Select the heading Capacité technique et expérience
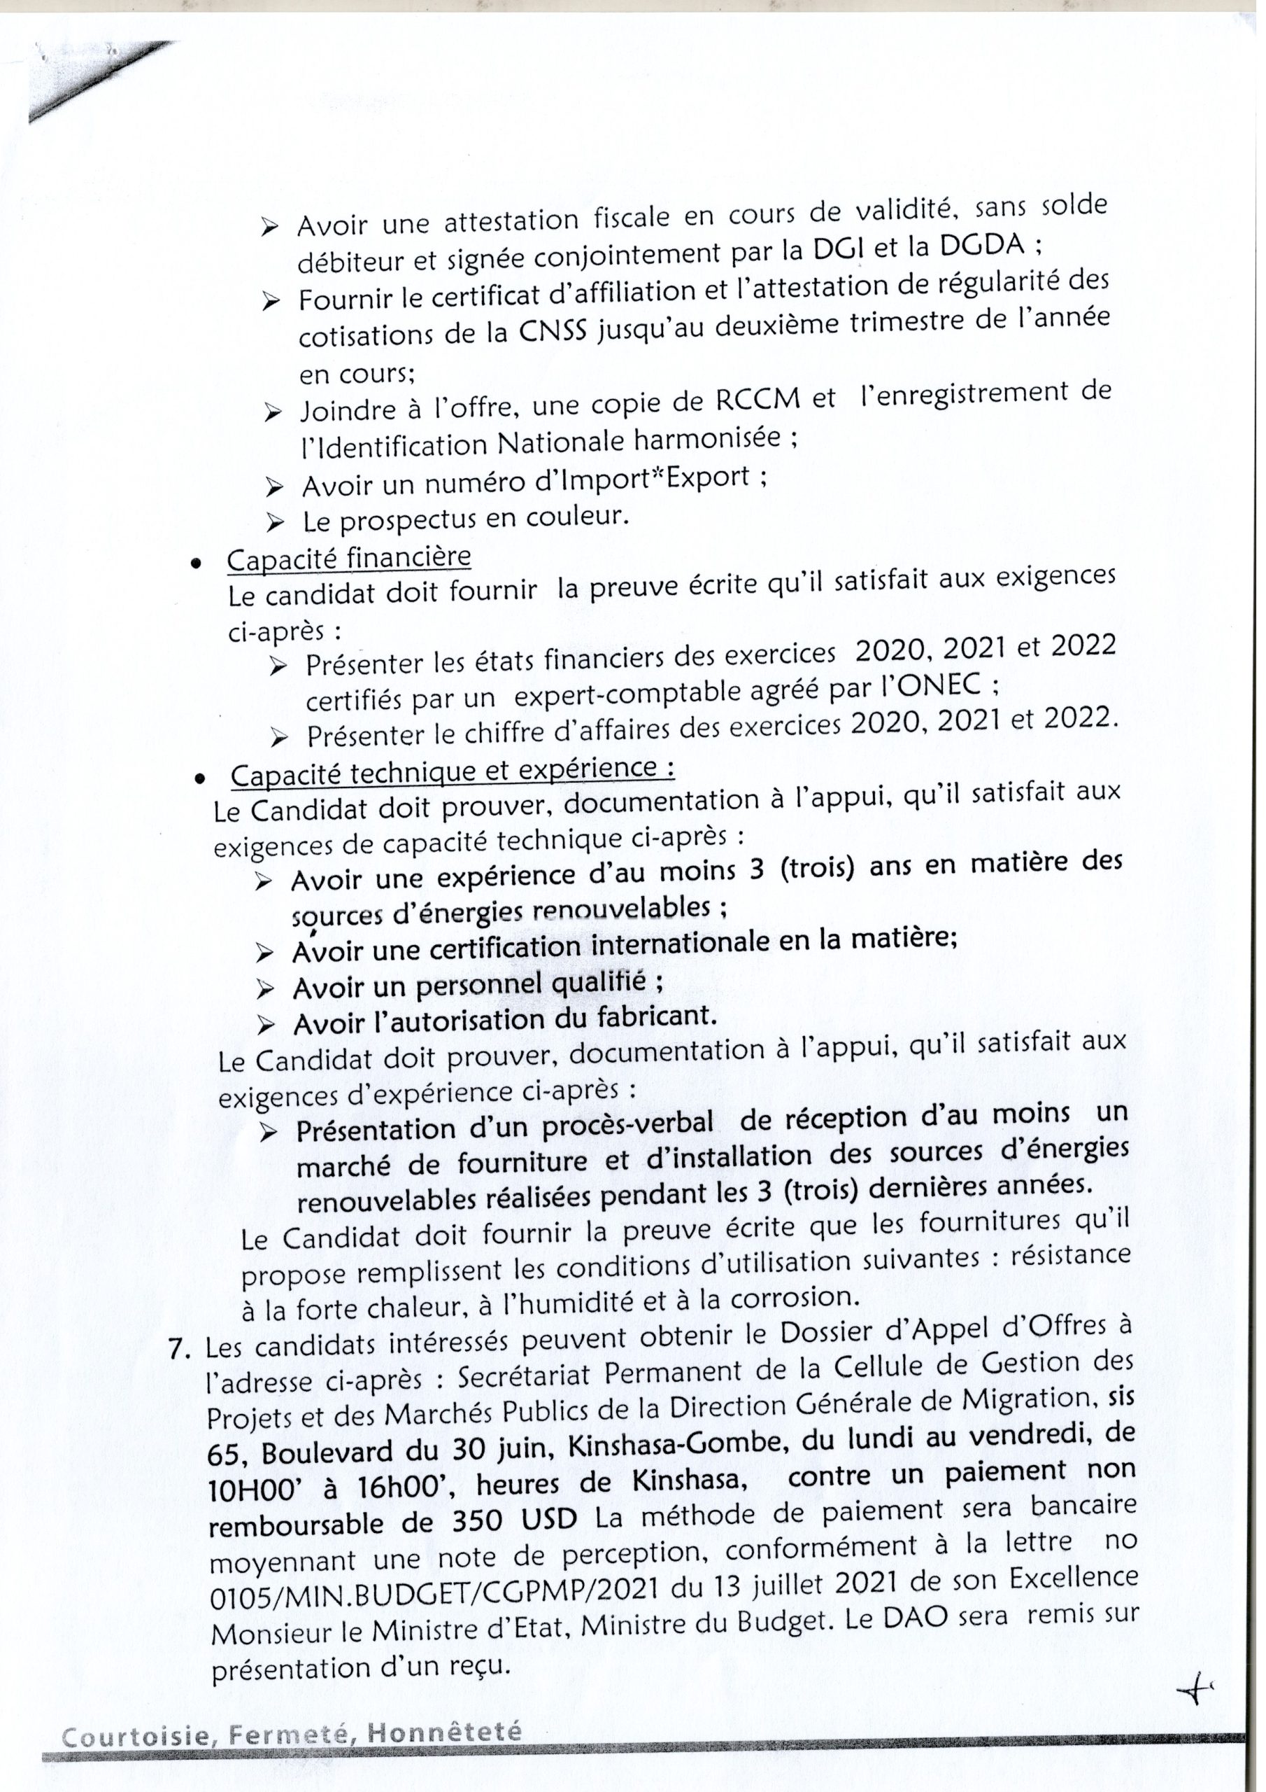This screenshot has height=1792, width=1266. pyautogui.click(x=453, y=773)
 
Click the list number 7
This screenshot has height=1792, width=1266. pyautogui.click(x=180, y=1350)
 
